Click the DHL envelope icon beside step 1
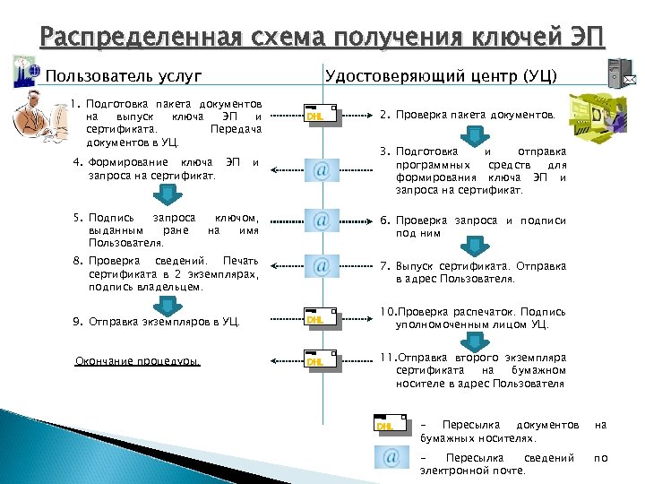[321, 114]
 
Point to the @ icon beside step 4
[321, 169]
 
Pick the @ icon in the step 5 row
[321, 220]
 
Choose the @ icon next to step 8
[321, 265]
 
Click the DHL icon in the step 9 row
[321, 316]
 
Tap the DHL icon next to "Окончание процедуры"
[321, 361]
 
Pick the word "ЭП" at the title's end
[587, 38]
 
